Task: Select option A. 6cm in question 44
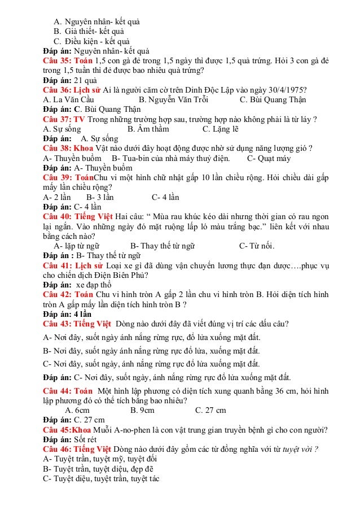coord(77,410)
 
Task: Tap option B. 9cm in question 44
coord(142,410)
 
